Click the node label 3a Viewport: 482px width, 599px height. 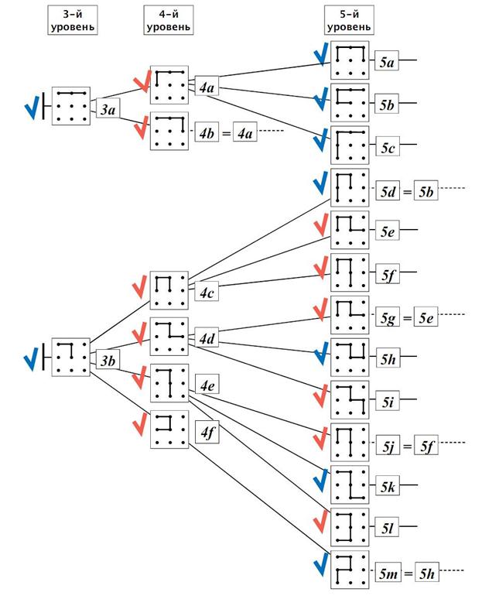(x=108, y=111)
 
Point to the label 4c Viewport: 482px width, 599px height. (x=206, y=293)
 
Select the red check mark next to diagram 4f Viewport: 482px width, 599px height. (x=139, y=426)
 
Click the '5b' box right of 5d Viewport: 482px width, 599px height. (x=426, y=189)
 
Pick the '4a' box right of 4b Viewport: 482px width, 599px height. (x=245, y=132)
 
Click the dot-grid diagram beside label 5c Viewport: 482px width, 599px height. (x=349, y=144)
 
